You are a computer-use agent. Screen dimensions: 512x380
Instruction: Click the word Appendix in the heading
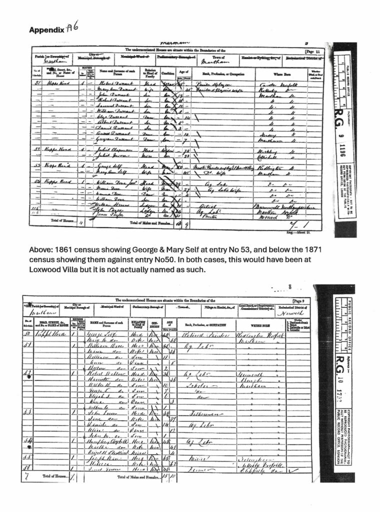46,29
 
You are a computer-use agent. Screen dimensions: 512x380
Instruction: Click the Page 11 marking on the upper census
314,51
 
